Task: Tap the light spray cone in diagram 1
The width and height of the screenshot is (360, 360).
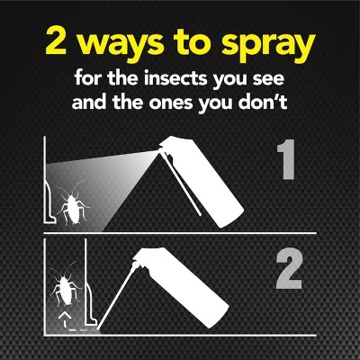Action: pyautogui.click(x=99, y=184)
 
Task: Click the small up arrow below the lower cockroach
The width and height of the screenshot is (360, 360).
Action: pyautogui.click(x=63, y=319)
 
